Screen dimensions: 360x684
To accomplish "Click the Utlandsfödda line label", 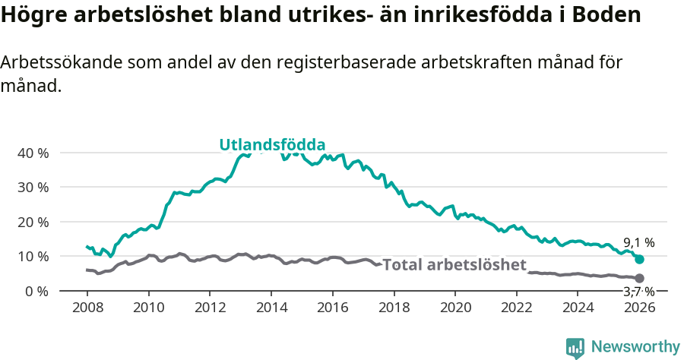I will (x=272, y=145).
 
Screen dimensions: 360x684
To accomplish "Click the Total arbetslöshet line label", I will (x=454, y=264).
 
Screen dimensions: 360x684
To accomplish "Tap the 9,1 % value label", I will (x=638, y=243).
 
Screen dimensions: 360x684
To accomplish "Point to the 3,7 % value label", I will (x=638, y=291).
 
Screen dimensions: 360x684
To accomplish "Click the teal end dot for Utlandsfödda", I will (x=639, y=259).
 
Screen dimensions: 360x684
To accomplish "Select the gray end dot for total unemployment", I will (x=639, y=279).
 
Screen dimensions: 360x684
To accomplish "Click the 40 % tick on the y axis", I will (x=33, y=153).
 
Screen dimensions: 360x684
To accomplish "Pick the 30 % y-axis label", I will (x=33, y=187).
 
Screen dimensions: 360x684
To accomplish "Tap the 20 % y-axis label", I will (x=33, y=222).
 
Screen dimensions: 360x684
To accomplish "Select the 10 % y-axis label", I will (x=33, y=256).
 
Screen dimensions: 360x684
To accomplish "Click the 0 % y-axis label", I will (x=36, y=291).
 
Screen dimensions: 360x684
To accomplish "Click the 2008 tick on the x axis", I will (x=87, y=308).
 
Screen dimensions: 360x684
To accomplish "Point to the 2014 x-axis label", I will (x=271, y=308).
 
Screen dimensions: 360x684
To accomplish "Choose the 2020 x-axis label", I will (x=455, y=308).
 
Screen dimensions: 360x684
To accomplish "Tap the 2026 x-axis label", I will (x=639, y=308).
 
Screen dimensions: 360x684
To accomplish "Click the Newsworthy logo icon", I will (x=575, y=347).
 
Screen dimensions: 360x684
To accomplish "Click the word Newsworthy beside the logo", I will (x=635, y=347).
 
